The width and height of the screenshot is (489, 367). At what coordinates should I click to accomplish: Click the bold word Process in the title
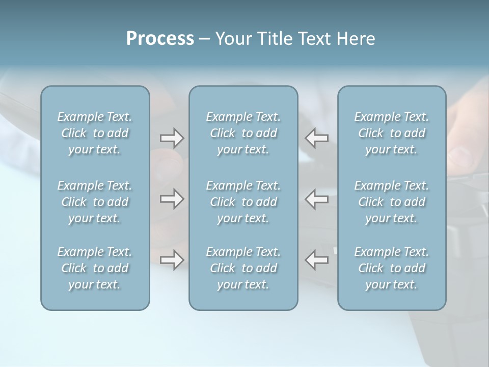(160, 39)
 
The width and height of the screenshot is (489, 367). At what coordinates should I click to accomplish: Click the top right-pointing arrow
(172, 138)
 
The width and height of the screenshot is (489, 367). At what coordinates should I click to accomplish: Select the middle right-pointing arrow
(172, 199)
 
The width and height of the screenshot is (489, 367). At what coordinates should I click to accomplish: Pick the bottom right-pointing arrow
(172, 259)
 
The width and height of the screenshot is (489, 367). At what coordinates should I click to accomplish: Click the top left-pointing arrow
(317, 138)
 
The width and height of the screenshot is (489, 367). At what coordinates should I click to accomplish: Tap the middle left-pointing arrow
(317, 199)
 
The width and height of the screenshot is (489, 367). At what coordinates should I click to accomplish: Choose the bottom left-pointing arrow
(317, 259)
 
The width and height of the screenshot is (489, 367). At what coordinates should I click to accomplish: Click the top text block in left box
(95, 133)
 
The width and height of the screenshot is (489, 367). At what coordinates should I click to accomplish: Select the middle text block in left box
(95, 202)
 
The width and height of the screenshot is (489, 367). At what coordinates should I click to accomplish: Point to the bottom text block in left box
(95, 268)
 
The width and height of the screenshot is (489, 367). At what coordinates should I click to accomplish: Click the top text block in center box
(243, 133)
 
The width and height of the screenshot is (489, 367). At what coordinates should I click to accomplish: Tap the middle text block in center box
(243, 202)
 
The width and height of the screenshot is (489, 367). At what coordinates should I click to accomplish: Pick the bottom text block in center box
(243, 268)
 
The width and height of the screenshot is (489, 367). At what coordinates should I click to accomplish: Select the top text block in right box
(391, 133)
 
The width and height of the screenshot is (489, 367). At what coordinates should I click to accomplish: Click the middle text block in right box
(391, 202)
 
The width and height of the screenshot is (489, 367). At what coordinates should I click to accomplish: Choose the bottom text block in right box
(391, 268)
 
